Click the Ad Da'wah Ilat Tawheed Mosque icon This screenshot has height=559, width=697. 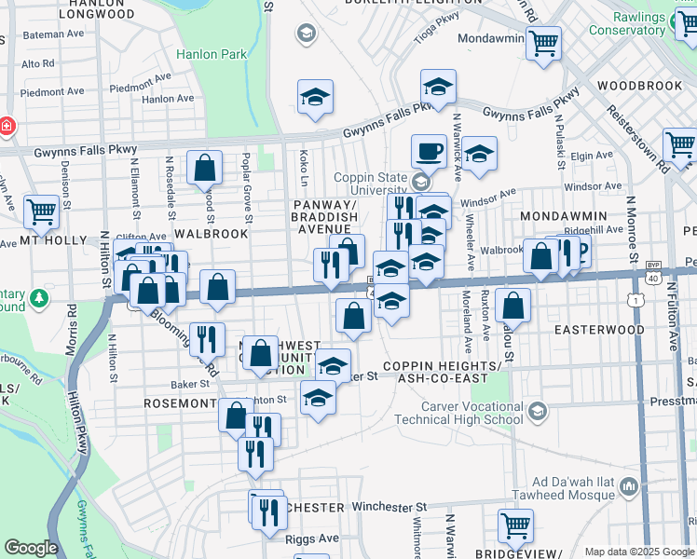pos(629,486)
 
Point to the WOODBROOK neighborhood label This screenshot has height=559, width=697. pos(640,86)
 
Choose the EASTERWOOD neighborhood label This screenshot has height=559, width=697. pos(599,330)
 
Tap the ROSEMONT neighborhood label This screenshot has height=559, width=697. pos(180,404)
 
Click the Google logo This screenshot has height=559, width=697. pos(31,548)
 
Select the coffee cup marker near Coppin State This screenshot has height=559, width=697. pos(430,149)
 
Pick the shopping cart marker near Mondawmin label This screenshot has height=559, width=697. pos(543,41)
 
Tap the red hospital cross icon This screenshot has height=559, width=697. pos(7,125)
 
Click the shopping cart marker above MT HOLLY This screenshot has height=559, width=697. pos(42,210)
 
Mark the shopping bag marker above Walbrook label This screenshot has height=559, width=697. pos(204,168)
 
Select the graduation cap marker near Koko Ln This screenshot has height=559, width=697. pos(316,96)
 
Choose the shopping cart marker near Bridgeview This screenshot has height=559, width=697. pos(515,525)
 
